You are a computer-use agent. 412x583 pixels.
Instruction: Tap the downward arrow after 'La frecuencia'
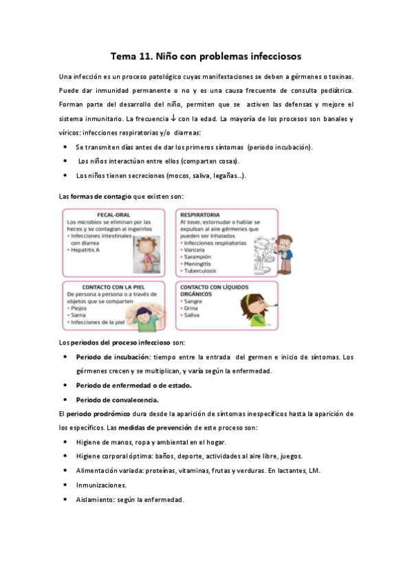(180, 119)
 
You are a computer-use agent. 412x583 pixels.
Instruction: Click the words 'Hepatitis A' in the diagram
(88, 250)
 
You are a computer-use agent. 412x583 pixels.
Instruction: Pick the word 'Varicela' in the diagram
(195, 250)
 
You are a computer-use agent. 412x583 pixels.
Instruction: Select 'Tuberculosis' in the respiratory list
(199, 271)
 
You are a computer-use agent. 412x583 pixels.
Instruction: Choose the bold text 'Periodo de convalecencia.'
(117, 399)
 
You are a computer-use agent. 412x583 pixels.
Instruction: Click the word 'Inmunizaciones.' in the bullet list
(101, 485)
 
